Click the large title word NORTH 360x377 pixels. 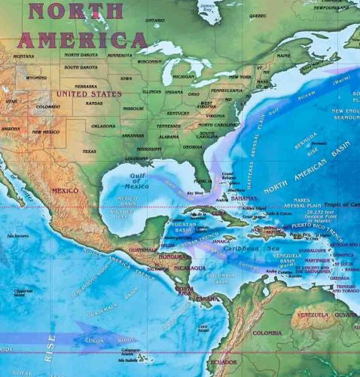point(76,11)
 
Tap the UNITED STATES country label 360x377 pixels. point(89,94)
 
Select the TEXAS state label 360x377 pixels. point(89,152)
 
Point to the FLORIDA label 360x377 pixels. point(203,181)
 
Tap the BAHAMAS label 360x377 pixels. point(244,198)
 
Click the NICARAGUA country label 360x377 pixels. point(188,268)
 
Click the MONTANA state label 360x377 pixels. point(23,56)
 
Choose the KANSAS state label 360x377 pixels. point(94,103)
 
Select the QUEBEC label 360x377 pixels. point(258,15)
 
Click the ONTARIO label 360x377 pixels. point(154,20)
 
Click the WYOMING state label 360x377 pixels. point(36,77)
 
